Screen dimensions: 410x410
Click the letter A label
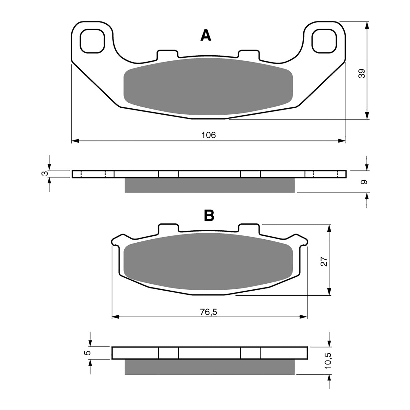pyautogui.click(x=206, y=36)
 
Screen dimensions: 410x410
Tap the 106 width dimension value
pyautogui.click(x=208, y=135)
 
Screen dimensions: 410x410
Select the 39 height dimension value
pyautogui.click(x=362, y=74)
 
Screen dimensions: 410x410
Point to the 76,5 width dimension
pyautogui.click(x=208, y=312)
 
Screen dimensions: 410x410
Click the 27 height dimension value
pyautogui.click(x=324, y=261)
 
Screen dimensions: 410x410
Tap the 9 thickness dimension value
pyautogui.click(x=364, y=182)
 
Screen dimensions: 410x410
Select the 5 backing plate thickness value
pyautogui.click(x=88, y=353)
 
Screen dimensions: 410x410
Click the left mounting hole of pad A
pyautogui.click(x=92, y=41)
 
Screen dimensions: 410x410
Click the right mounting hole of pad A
pyautogui.click(x=324, y=41)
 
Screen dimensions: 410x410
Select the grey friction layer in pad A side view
pyautogui.click(x=209, y=185)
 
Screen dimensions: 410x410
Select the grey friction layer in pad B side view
pyautogui.click(x=209, y=367)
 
